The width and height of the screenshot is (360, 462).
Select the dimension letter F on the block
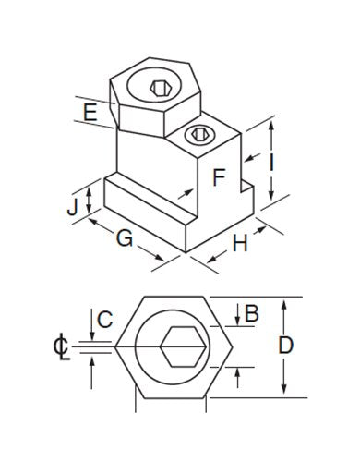(x=219, y=176)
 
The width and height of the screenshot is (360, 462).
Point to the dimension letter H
(x=238, y=244)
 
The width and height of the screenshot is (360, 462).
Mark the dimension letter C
(x=104, y=321)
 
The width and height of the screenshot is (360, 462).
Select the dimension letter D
(x=285, y=346)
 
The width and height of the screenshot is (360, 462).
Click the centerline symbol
(x=61, y=348)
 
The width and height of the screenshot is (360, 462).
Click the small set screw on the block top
(x=198, y=136)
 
